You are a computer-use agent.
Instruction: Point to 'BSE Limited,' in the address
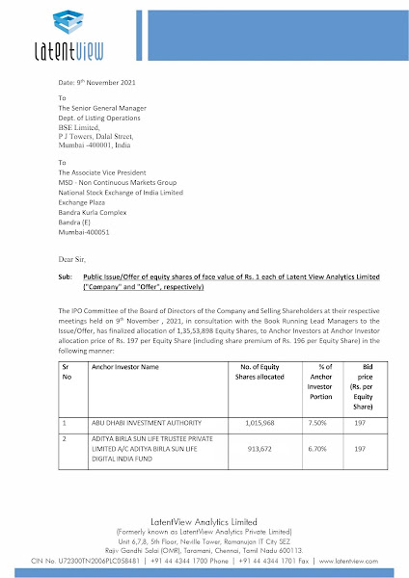tap(81, 127)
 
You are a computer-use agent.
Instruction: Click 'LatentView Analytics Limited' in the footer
tap(204, 521)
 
